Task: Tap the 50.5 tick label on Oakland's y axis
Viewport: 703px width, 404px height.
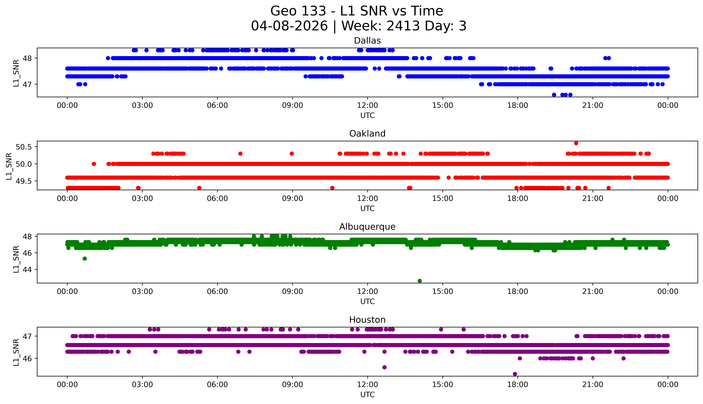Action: [24, 147]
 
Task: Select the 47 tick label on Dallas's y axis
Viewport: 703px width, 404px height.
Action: [27, 84]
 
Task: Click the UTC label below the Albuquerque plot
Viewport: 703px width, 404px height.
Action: [367, 301]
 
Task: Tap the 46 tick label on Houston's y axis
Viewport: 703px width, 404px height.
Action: [27, 358]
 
